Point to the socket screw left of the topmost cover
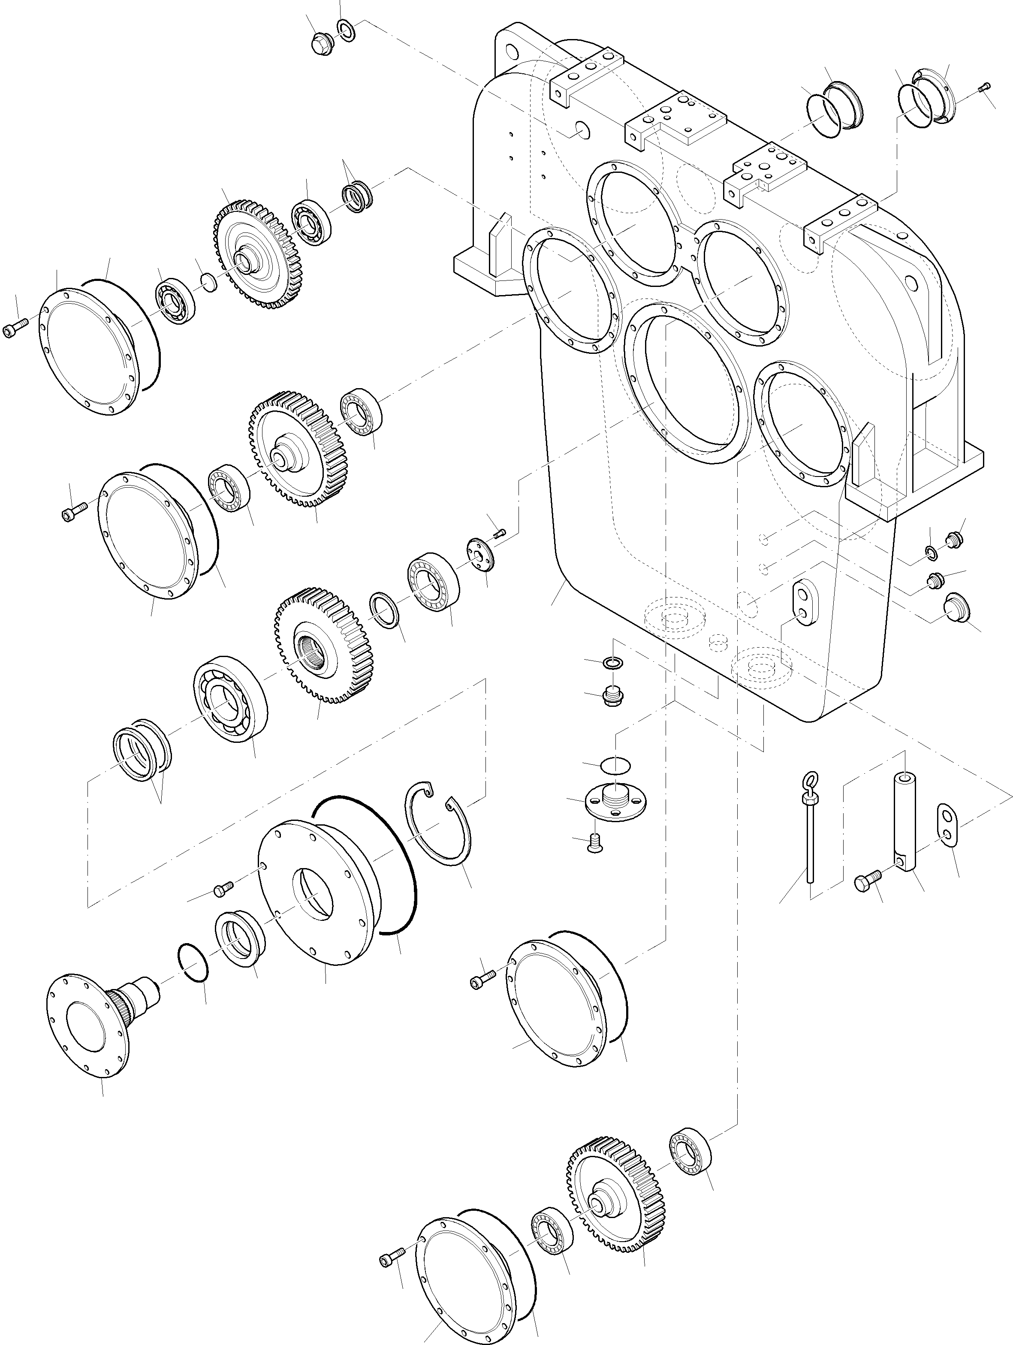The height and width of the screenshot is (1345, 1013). [16, 329]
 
